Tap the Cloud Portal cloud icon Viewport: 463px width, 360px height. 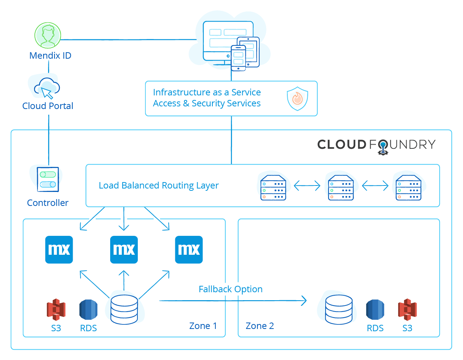coord(47,88)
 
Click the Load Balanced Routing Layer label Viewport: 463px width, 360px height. coord(159,185)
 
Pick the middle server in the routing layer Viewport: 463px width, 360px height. coord(341,187)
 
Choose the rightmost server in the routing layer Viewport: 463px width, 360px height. coord(408,187)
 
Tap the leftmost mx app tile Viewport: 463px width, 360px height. coord(59,249)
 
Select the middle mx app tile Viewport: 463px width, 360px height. coord(124,249)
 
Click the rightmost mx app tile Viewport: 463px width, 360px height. coord(189,249)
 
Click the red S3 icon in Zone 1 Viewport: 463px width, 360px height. coord(56,310)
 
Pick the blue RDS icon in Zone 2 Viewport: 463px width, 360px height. coord(375,310)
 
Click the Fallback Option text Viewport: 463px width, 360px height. coord(231,289)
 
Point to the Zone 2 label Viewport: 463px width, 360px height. coord(260,326)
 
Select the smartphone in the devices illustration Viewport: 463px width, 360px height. coord(239,58)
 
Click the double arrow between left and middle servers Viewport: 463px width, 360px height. coord(307,185)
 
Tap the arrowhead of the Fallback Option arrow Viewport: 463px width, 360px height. coord(304,301)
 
